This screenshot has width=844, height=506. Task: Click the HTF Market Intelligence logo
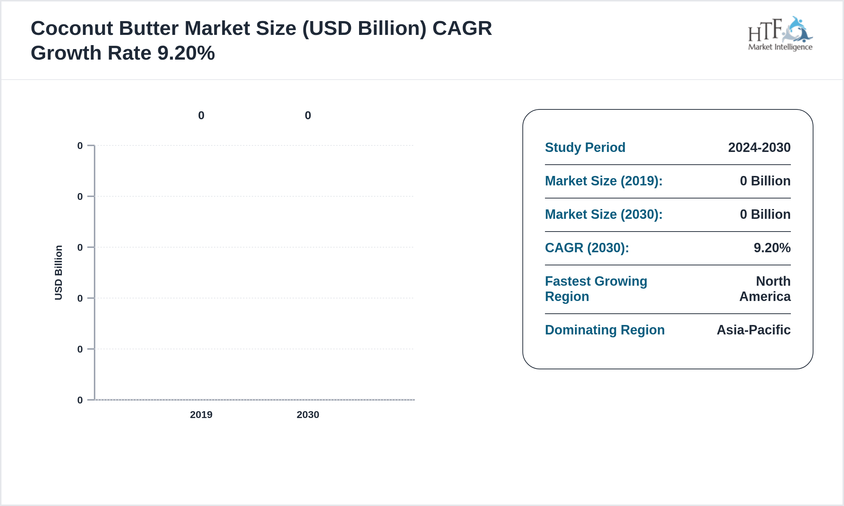coord(780,33)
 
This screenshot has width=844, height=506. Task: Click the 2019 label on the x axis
coord(201,415)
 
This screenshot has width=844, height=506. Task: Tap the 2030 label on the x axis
coord(308,415)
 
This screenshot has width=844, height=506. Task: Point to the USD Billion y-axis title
coord(59,273)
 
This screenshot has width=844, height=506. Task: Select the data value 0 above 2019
coord(201,116)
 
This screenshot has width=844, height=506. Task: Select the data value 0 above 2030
coord(308,116)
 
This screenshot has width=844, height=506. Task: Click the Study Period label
coord(585,148)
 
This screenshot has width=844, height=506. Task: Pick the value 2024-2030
coord(759,148)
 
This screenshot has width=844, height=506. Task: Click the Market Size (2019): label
coord(604,181)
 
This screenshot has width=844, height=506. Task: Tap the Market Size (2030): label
coord(604,214)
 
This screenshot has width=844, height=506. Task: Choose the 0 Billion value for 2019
coord(765,181)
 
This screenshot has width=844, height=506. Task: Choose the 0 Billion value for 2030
coord(765,214)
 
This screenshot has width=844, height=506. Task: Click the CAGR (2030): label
coord(587,248)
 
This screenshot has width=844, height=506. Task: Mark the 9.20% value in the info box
coord(772,248)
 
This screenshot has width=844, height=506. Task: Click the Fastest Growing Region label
coord(596,289)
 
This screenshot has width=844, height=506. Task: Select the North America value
coord(765,289)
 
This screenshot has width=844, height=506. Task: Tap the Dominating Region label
coord(605,330)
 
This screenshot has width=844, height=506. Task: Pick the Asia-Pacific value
coord(753,330)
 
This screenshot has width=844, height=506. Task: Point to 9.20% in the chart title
coord(186,53)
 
